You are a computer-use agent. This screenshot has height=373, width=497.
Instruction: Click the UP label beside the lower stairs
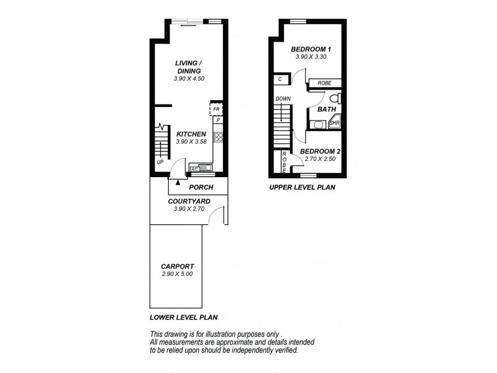point(160,162)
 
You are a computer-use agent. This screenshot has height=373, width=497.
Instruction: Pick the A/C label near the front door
point(194,169)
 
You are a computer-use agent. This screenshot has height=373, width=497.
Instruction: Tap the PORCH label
point(201,187)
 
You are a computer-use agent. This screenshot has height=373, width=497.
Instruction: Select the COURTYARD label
point(189,201)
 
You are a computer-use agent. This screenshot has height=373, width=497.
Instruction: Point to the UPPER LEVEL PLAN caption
point(302,186)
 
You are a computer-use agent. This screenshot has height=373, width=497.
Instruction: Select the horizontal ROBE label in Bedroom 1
point(324,83)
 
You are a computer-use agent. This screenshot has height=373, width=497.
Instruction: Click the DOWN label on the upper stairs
point(283,99)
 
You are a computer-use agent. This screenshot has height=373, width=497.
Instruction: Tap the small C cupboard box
point(281,79)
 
